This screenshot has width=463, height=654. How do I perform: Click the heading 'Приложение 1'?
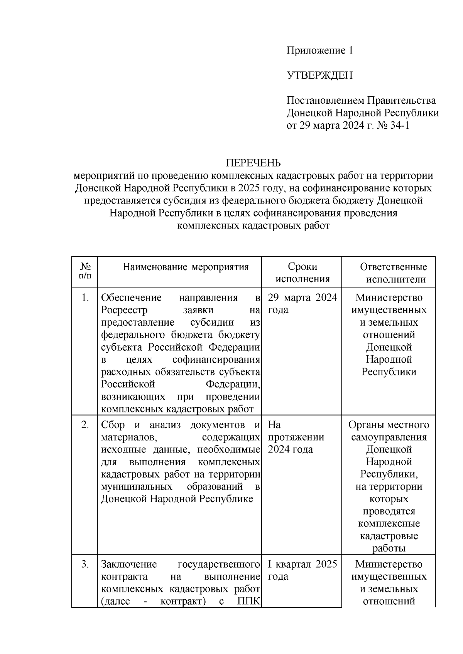pos(319,50)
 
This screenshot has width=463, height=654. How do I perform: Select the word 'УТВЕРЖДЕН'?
pos(319,75)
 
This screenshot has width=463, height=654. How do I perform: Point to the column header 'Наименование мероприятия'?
pos(186,267)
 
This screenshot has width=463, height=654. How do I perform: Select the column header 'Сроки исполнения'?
pos(302,272)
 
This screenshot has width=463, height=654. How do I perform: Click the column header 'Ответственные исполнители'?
pos(393,273)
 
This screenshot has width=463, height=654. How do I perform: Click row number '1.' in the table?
pos(85,298)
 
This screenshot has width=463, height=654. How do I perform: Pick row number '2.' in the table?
pos(85,425)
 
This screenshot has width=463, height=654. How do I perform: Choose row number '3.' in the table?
pos(85,564)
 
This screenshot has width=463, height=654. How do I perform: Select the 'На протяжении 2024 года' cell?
pos(296,437)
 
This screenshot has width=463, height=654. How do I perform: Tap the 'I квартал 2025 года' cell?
pos(302,570)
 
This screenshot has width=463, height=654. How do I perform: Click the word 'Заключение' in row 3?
pos(128,564)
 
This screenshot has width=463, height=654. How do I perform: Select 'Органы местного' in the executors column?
pos(389,425)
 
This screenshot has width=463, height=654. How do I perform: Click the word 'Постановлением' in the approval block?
pos(325,101)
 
